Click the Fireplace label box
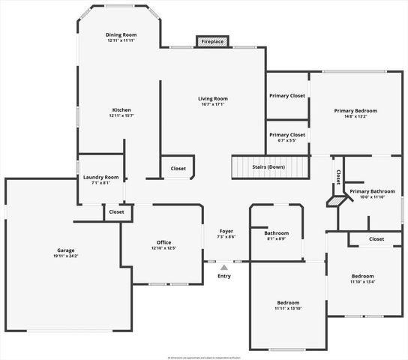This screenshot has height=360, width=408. point(212,42)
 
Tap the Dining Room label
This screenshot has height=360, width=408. point(121,34)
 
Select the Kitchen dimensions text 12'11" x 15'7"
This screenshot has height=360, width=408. point(121,116)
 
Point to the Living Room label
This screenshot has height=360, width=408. point(213,98)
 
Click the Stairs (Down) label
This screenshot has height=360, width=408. point(268,166)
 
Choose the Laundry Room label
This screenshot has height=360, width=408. point(101,177)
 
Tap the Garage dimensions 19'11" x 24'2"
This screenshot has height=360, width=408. point(66,256)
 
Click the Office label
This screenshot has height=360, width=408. point(164,242)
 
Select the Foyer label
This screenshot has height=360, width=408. point(226,231)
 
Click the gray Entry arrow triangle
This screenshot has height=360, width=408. point(224,266)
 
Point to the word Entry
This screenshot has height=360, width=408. point(224,276)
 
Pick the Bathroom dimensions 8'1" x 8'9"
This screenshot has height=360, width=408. point(277,238)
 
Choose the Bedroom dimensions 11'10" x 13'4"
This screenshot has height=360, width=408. point(362,282)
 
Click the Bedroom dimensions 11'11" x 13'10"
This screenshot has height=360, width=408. point(287,308)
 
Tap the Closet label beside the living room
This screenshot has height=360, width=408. point(178,169)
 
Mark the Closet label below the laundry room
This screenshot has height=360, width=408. point(116,212)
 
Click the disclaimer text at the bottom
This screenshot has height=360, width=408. point(204,358)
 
